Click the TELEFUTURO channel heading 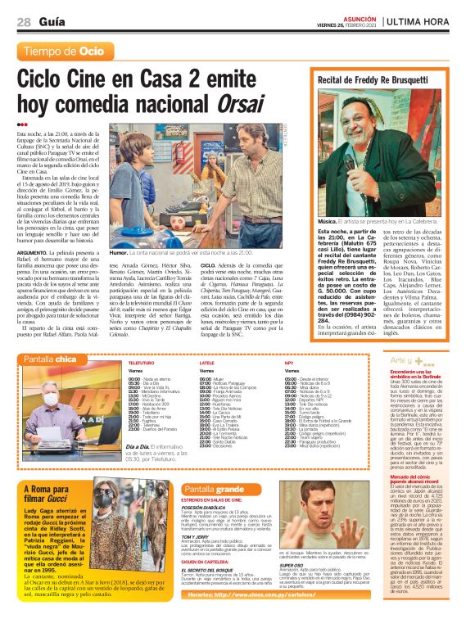click(141, 361)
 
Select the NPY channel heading click(289, 361)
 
